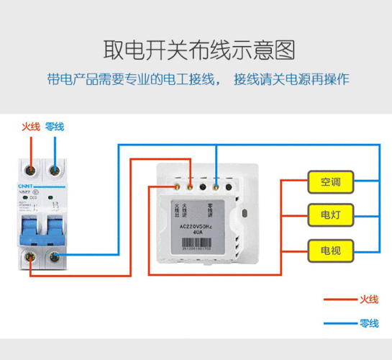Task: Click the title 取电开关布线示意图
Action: pos(196,49)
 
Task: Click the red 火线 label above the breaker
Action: pos(30,127)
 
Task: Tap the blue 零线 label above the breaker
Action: pos(55,127)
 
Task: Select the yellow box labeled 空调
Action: pos(330,182)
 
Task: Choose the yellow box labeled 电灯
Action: pos(330,215)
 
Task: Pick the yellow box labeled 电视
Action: pos(330,249)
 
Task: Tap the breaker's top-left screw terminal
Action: pos(30,170)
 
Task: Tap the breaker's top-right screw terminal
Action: pos(54,170)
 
